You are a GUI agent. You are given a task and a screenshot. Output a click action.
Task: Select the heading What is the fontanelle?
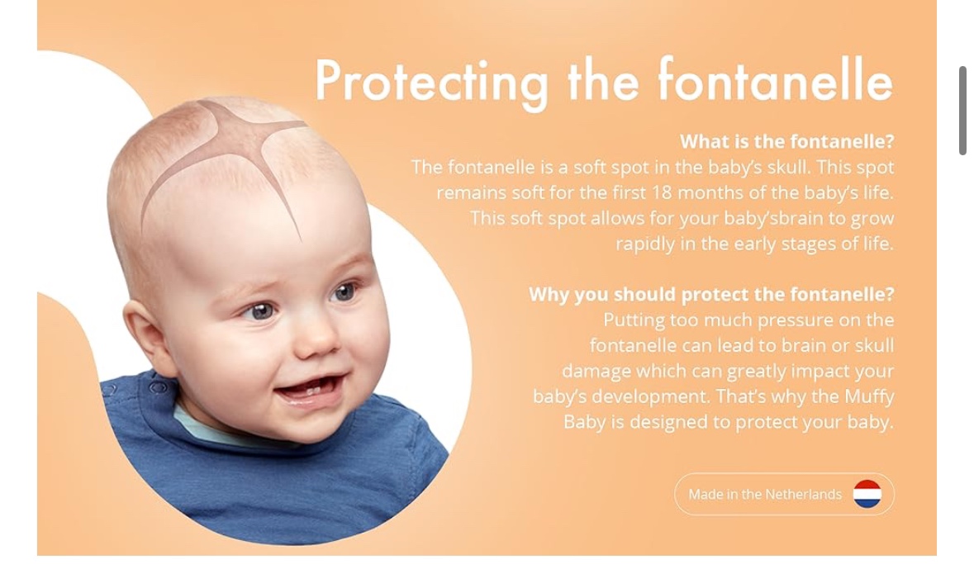(786, 141)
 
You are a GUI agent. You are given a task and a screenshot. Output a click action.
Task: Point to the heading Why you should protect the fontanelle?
(711, 294)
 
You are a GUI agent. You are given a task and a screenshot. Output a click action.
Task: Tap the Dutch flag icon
(867, 494)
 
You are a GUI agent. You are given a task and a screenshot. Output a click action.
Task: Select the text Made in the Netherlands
(765, 495)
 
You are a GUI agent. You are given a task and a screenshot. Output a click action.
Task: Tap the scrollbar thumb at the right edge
(962, 111)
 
